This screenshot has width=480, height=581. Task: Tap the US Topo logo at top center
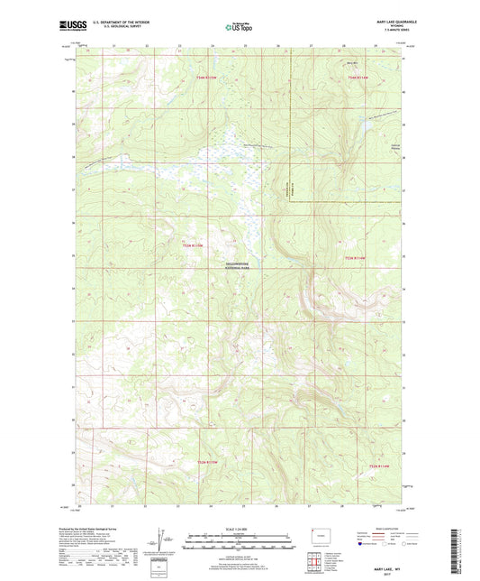pyautogui.click(x=240, y=27)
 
